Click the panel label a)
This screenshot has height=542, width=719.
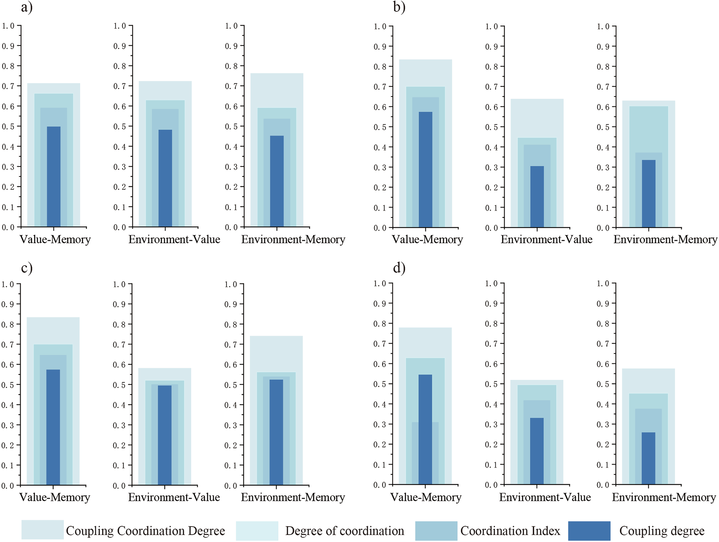(x=27, y=7)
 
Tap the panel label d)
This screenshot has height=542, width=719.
(x=399, y=267)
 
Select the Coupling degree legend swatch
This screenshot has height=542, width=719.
(x=589, y=531)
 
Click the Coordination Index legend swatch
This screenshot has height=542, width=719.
(x=436, y=531)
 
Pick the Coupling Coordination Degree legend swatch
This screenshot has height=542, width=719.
(x=42, y=530)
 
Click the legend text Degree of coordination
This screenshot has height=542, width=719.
(x=344, y=531)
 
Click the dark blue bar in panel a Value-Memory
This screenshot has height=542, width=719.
(x=54, y=176)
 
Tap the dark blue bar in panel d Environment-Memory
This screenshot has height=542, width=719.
(x=648, y=458)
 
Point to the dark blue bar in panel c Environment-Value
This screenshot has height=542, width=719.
(x=165, y=435)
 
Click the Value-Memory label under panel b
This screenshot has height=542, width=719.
(x=427, y=239)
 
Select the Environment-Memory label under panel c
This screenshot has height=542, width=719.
(x=293, y=497)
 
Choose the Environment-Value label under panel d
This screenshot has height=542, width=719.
(x=545, y=497)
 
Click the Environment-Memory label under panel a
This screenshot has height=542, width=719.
(x=293, y=239)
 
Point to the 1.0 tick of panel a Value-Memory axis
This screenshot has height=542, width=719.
(x=8, y=26)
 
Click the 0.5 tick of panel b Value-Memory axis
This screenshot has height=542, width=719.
(x=380, y=127)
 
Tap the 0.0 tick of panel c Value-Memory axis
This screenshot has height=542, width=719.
(x=8, y=486)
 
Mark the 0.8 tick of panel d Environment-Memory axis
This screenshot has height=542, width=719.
(x=603, y=324)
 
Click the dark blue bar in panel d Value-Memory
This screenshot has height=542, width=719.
(x=425, y=430)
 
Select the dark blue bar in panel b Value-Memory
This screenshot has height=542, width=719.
(x=426, y=169)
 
